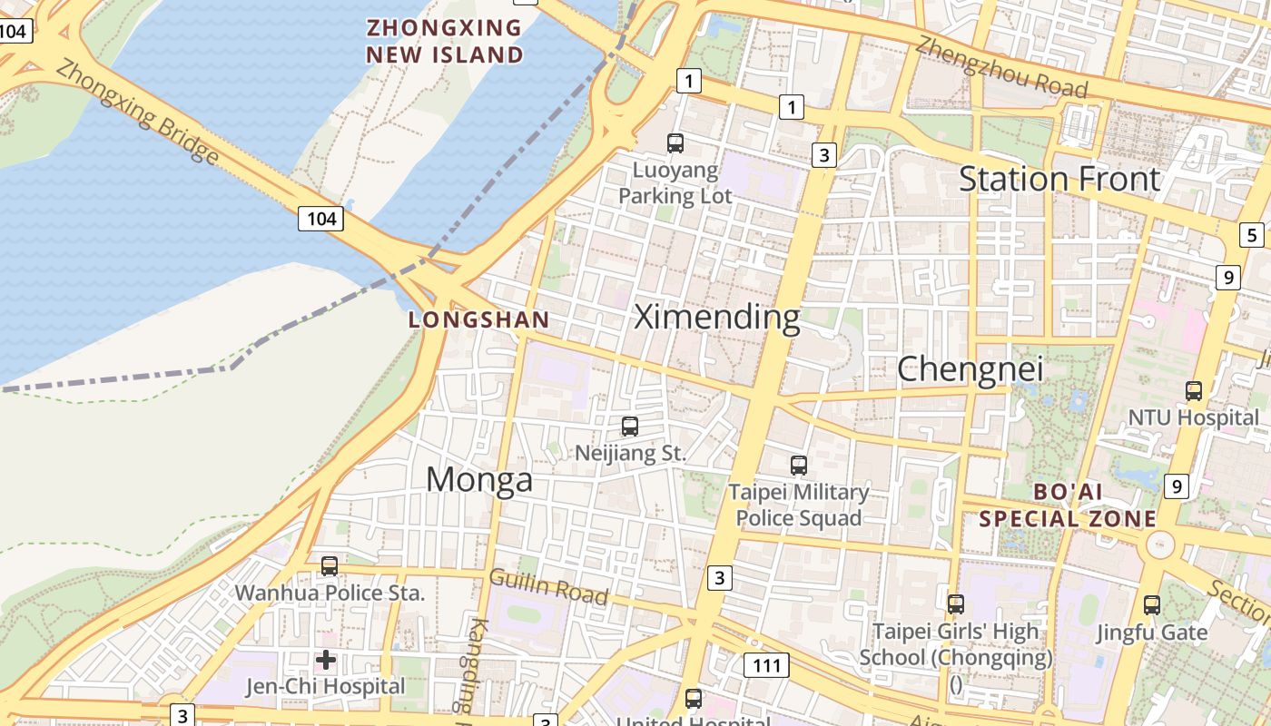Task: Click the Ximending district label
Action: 716,318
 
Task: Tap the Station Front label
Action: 1059,179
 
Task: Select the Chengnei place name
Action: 970,369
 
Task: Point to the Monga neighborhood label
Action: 478,479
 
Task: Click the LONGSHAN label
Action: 478,319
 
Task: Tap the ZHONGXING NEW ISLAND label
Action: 445,41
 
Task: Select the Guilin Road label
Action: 548,586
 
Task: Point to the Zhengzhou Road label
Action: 1000,66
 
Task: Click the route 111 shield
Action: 766,665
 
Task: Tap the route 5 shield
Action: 1252,235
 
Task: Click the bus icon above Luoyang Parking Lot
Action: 675,142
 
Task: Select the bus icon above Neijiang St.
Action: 629,426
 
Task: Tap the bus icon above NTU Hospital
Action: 1193,391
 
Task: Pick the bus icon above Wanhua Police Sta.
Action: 329,566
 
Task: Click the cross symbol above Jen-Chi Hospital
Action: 325,660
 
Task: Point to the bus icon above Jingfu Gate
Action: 1151,604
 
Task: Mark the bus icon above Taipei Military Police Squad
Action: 798,466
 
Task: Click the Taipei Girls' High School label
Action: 956,643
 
